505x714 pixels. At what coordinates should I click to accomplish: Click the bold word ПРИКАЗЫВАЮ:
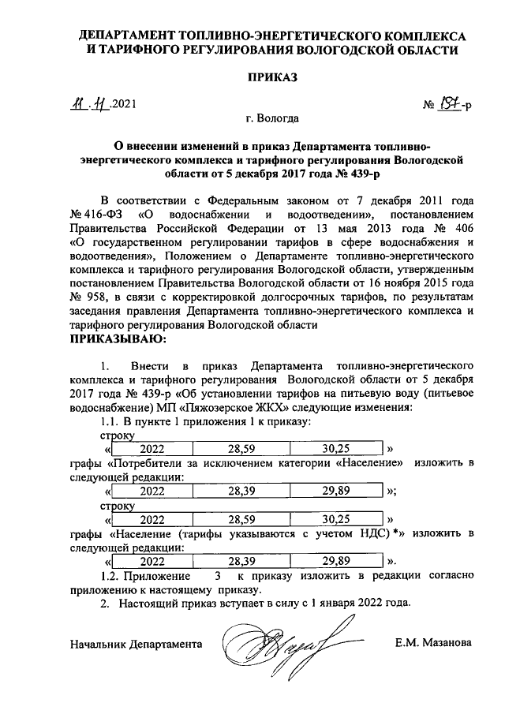click(x=118, y=340)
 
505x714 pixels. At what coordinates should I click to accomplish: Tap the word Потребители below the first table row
click(x=146, y=462)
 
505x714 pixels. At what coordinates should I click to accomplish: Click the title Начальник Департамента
click(x=133, y=644)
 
